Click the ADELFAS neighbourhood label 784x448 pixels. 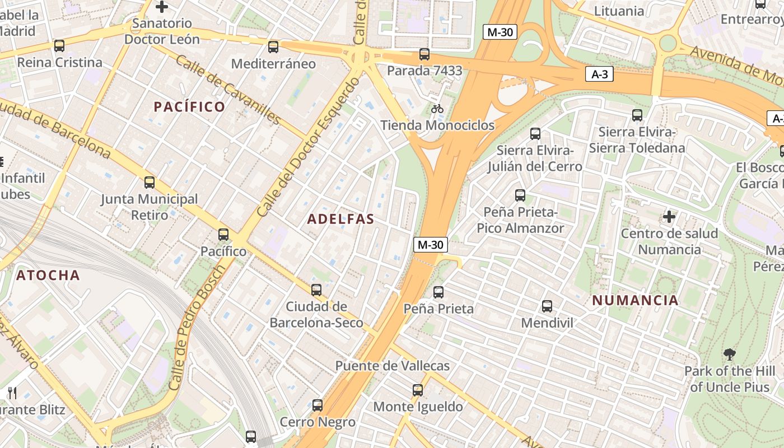340,219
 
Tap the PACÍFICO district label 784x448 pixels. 189,106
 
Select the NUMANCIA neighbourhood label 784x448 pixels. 635,300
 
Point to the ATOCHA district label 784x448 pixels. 48,275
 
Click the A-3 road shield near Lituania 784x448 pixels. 599,74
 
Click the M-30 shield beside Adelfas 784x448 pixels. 431,244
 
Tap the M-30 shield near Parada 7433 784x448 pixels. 500,32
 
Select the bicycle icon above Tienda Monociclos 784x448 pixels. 437,108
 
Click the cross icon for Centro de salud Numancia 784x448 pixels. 669,216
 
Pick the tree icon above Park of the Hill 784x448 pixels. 729,354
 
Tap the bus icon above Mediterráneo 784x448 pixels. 273,47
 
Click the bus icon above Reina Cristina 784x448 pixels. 59,46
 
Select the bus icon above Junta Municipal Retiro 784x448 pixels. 149,183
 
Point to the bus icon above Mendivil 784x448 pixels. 547,306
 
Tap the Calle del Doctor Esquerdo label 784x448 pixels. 307,147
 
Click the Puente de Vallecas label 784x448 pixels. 392,366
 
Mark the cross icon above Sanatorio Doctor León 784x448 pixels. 162,7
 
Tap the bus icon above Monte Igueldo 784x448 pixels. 418,390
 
